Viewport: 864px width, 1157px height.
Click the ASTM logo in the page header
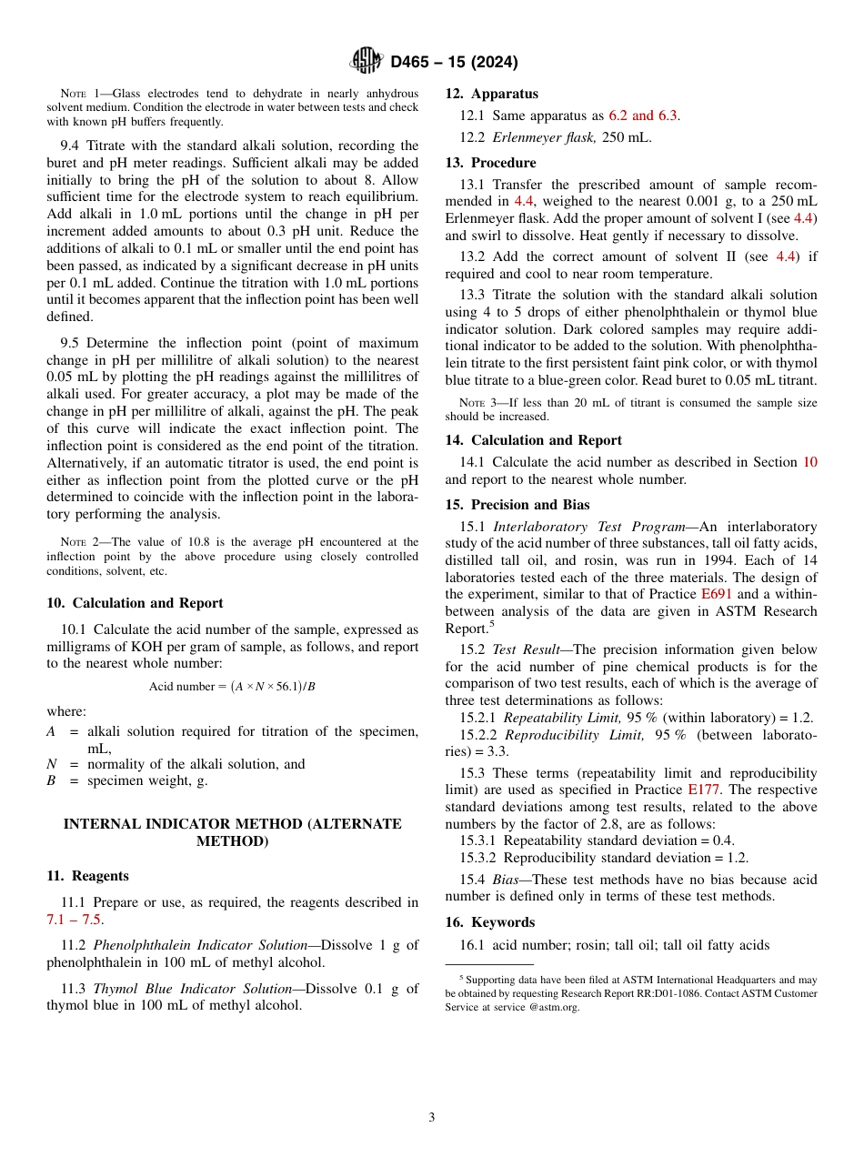point(367,62)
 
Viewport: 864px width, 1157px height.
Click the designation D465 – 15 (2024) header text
point(454,63)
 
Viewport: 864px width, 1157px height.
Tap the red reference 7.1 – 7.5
point(74,920)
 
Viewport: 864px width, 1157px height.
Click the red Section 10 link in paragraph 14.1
point(809,462)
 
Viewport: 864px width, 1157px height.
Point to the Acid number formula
point(232,686)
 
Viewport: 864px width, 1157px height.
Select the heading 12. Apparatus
point(491,94)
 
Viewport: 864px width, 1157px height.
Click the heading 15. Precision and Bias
point(517,505)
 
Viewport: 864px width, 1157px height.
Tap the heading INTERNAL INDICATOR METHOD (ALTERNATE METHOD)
point(232,832)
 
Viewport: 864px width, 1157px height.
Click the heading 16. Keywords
point(479,922)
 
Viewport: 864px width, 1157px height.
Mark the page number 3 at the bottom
point(432,1118)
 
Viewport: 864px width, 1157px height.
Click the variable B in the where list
point(51,780)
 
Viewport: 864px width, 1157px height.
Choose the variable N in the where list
point(51,764)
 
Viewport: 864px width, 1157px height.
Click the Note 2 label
point(75,542)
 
